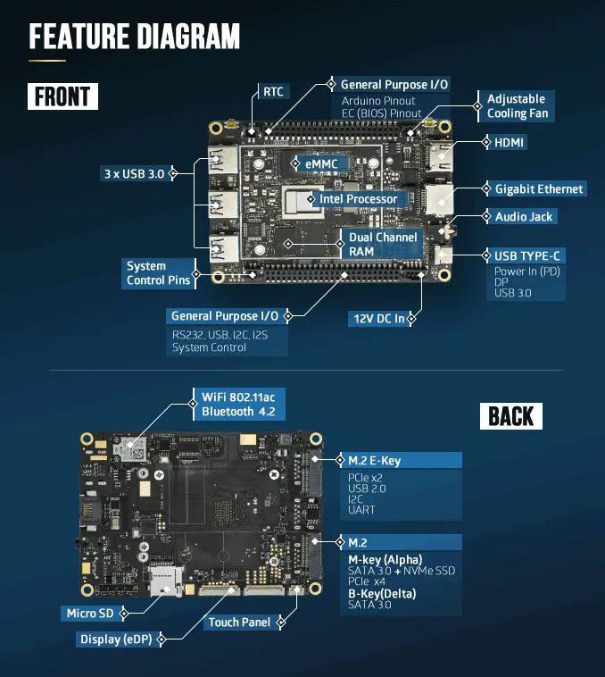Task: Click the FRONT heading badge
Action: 63,96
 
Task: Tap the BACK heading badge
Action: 511,416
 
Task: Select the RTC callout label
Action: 273,91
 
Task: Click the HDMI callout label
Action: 509,143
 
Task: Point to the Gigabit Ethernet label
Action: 539,188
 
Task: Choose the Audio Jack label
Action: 524,216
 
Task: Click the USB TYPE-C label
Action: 527,255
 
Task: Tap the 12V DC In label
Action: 379,319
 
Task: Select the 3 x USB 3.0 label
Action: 134,173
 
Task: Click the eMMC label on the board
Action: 321,163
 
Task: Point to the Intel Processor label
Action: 359,198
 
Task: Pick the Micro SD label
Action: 90,613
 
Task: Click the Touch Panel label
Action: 239,623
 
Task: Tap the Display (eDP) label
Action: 116,639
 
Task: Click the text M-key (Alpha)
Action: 385,560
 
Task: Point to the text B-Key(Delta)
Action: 382,594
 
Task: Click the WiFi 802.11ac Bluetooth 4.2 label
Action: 238,404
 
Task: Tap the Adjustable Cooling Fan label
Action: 517,106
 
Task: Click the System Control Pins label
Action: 158,273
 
